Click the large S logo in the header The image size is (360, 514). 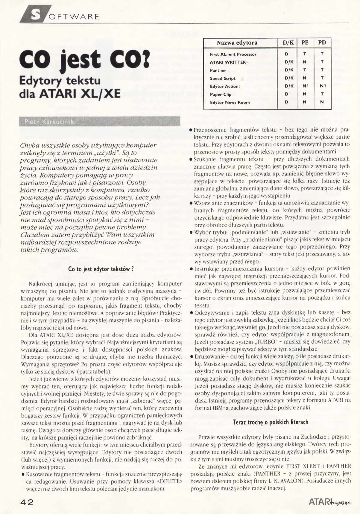36,14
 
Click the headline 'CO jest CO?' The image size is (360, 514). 84,60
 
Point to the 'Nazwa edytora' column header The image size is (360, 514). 237,43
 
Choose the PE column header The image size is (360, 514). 305,43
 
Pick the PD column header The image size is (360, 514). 322,43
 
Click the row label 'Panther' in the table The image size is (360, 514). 218,71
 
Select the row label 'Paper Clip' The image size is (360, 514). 221,94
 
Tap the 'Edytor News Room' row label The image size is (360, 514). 230,103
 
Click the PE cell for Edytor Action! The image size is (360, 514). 305,86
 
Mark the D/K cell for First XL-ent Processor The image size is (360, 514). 286,54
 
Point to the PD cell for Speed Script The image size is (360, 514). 322,78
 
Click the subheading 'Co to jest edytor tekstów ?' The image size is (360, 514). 101,269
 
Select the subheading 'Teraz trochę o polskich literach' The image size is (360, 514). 270,422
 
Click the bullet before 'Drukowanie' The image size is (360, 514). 191,357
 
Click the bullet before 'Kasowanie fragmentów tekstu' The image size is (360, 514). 23,475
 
